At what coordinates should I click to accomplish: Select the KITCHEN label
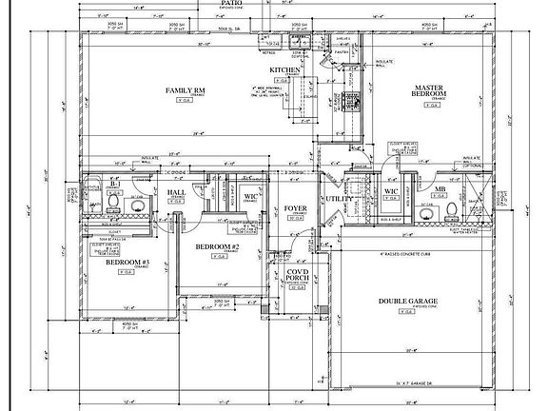[x=284, y=70]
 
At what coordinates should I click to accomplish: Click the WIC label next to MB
[x=390, y=192]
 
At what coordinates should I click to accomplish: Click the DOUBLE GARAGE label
[x=407, y=301]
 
